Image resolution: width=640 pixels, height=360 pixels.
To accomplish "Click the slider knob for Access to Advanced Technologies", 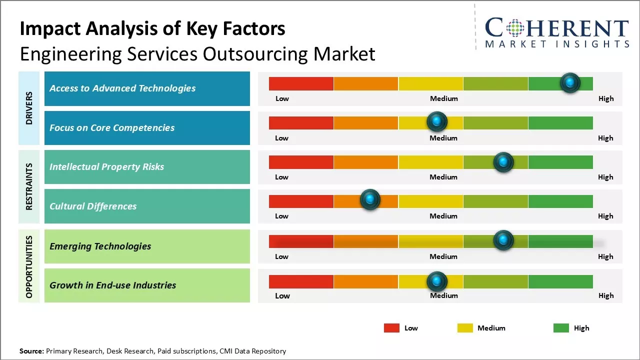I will click(570, 83).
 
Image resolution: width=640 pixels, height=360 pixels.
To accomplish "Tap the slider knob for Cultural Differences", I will click(370, 200).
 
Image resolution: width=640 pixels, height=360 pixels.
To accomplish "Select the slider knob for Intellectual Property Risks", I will click(503, 162).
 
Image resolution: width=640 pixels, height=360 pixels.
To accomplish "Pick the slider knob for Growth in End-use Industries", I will click(437, 282).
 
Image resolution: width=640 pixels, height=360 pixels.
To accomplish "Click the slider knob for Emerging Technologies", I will click(503, 240).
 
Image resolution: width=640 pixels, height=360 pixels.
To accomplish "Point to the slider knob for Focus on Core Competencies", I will click(437, 121).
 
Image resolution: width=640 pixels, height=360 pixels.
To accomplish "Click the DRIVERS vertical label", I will click(29, 108).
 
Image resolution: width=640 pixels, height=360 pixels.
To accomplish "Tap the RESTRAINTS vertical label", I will click(29, 186).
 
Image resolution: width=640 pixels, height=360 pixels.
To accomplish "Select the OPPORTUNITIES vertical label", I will click(29, 266).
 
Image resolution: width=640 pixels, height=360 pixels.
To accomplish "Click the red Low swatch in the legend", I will click(391, 328).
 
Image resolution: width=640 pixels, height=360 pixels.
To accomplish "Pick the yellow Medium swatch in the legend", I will click(465, 328).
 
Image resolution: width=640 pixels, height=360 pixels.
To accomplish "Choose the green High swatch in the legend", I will click(561, 328).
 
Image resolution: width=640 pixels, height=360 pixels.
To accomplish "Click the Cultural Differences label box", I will click(147, 206).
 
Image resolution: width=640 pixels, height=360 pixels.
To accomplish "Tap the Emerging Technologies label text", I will click(100, 246).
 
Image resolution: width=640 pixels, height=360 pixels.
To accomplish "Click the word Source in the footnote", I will click(31, 351).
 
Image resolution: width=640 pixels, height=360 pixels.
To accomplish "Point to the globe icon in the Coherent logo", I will click(515, 28).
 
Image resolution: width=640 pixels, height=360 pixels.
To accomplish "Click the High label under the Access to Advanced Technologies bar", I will click(605, 98).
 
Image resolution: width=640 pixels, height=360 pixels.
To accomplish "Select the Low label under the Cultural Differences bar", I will click(281, 216).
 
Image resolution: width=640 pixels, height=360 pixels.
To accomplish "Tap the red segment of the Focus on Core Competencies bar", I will click(301, 123).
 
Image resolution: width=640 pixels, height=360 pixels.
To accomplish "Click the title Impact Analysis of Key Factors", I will click(152, 29).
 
